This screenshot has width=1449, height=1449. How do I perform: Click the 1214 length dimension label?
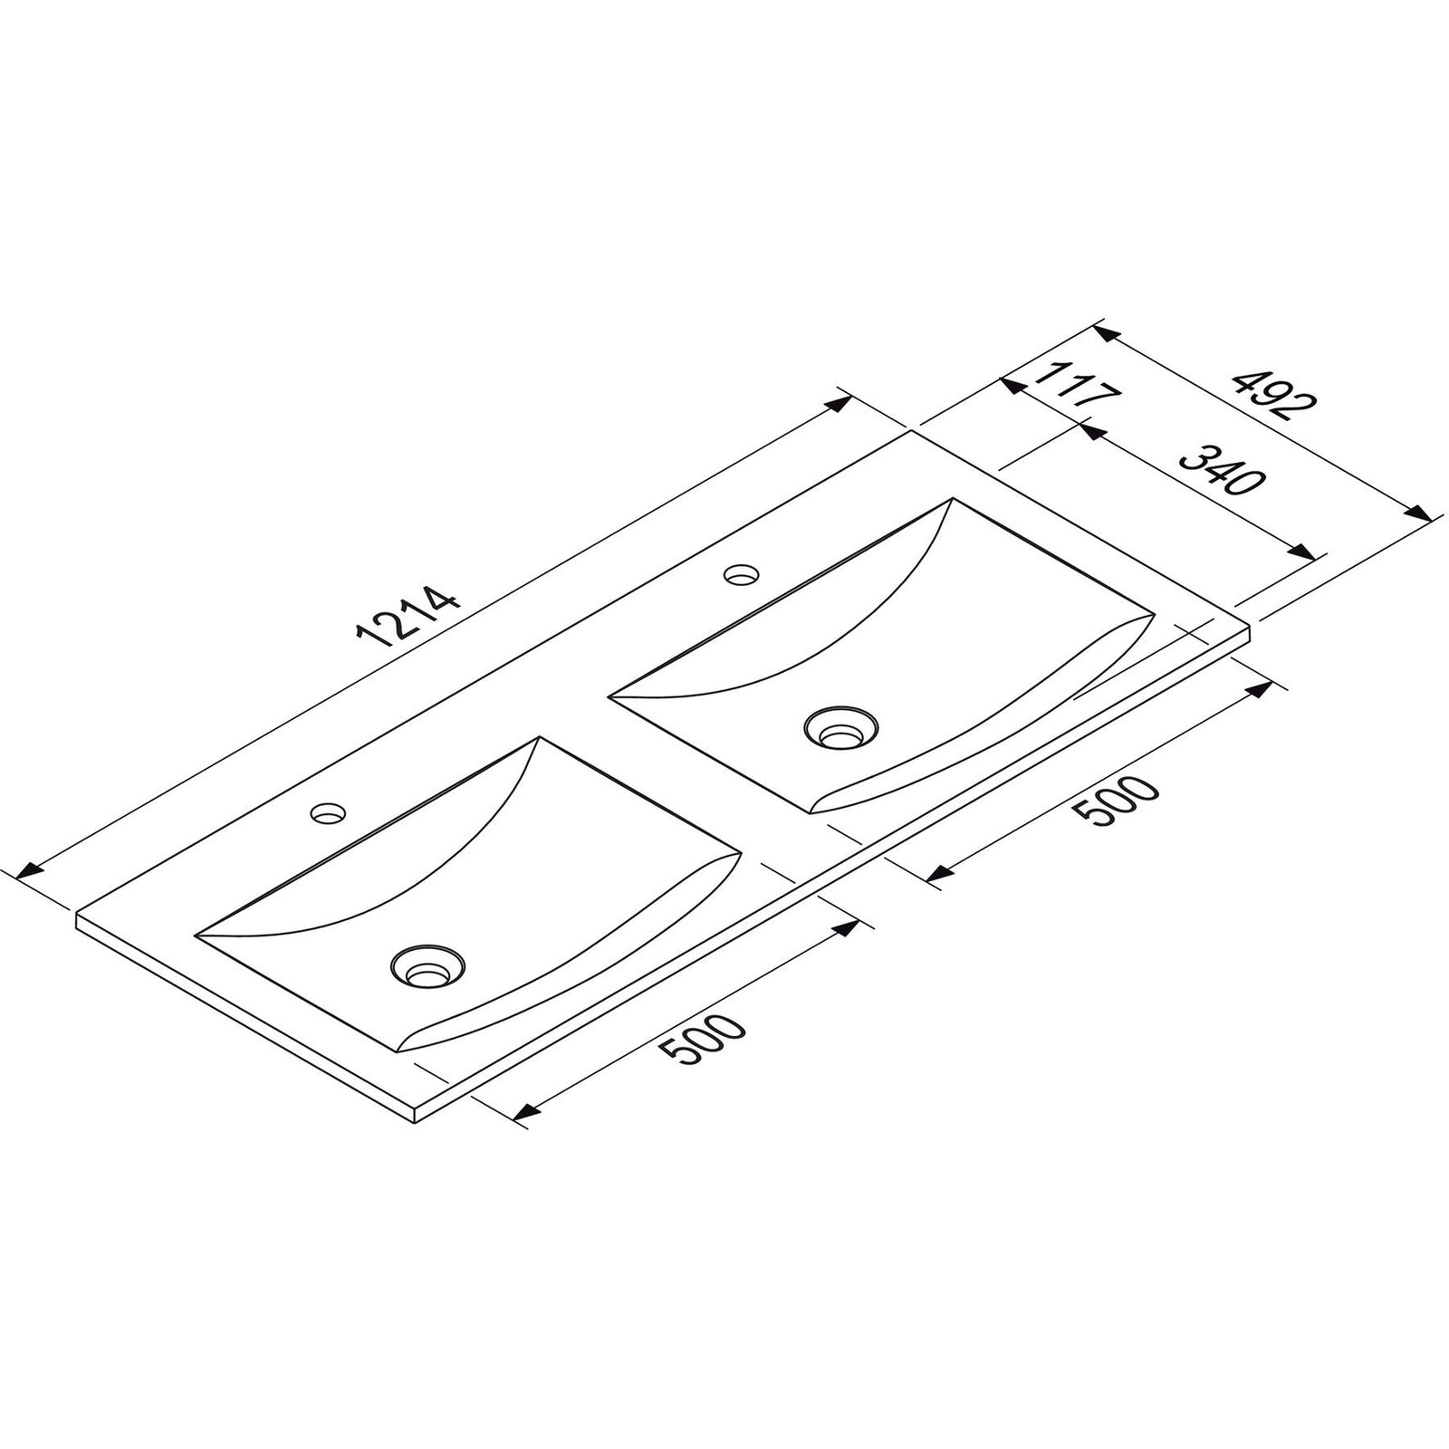[409, 618]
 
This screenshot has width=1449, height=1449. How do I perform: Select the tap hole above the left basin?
[328, 812]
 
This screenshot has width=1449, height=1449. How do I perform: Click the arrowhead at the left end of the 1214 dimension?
[30, 871]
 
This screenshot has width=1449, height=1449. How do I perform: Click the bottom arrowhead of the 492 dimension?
[1417, 513]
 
